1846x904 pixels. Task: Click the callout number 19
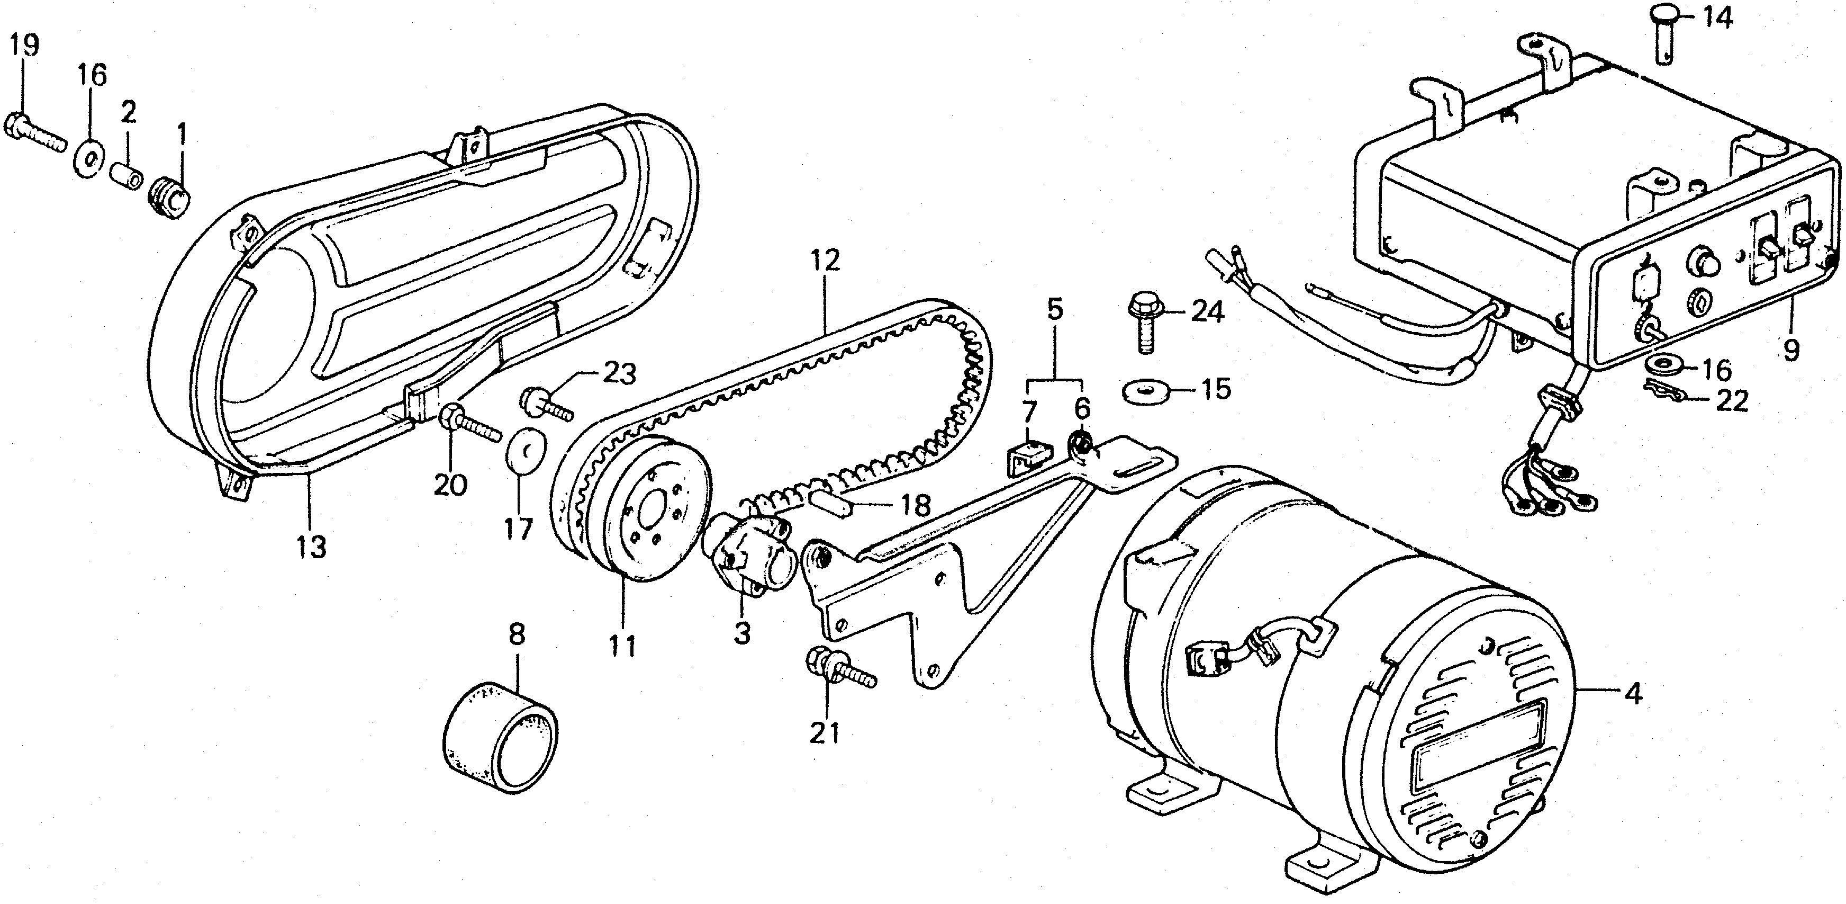24,47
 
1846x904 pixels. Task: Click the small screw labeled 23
548,403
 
